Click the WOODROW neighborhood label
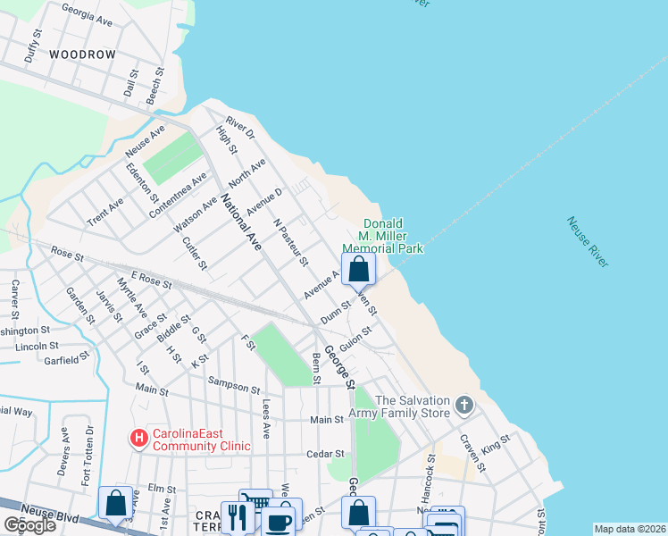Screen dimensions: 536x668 pos(83,54)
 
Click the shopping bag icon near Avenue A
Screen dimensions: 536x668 pos(358,268)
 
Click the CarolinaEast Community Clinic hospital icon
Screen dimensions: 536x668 pos(138,439)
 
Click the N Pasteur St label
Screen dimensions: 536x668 pos(291,242)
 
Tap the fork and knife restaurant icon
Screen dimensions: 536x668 pos(237,517)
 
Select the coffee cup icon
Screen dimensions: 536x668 pos(279,522)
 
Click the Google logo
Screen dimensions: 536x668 pos(29,525)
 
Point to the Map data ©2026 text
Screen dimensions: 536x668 pos(629,529)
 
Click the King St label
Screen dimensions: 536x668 pos(496,441)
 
